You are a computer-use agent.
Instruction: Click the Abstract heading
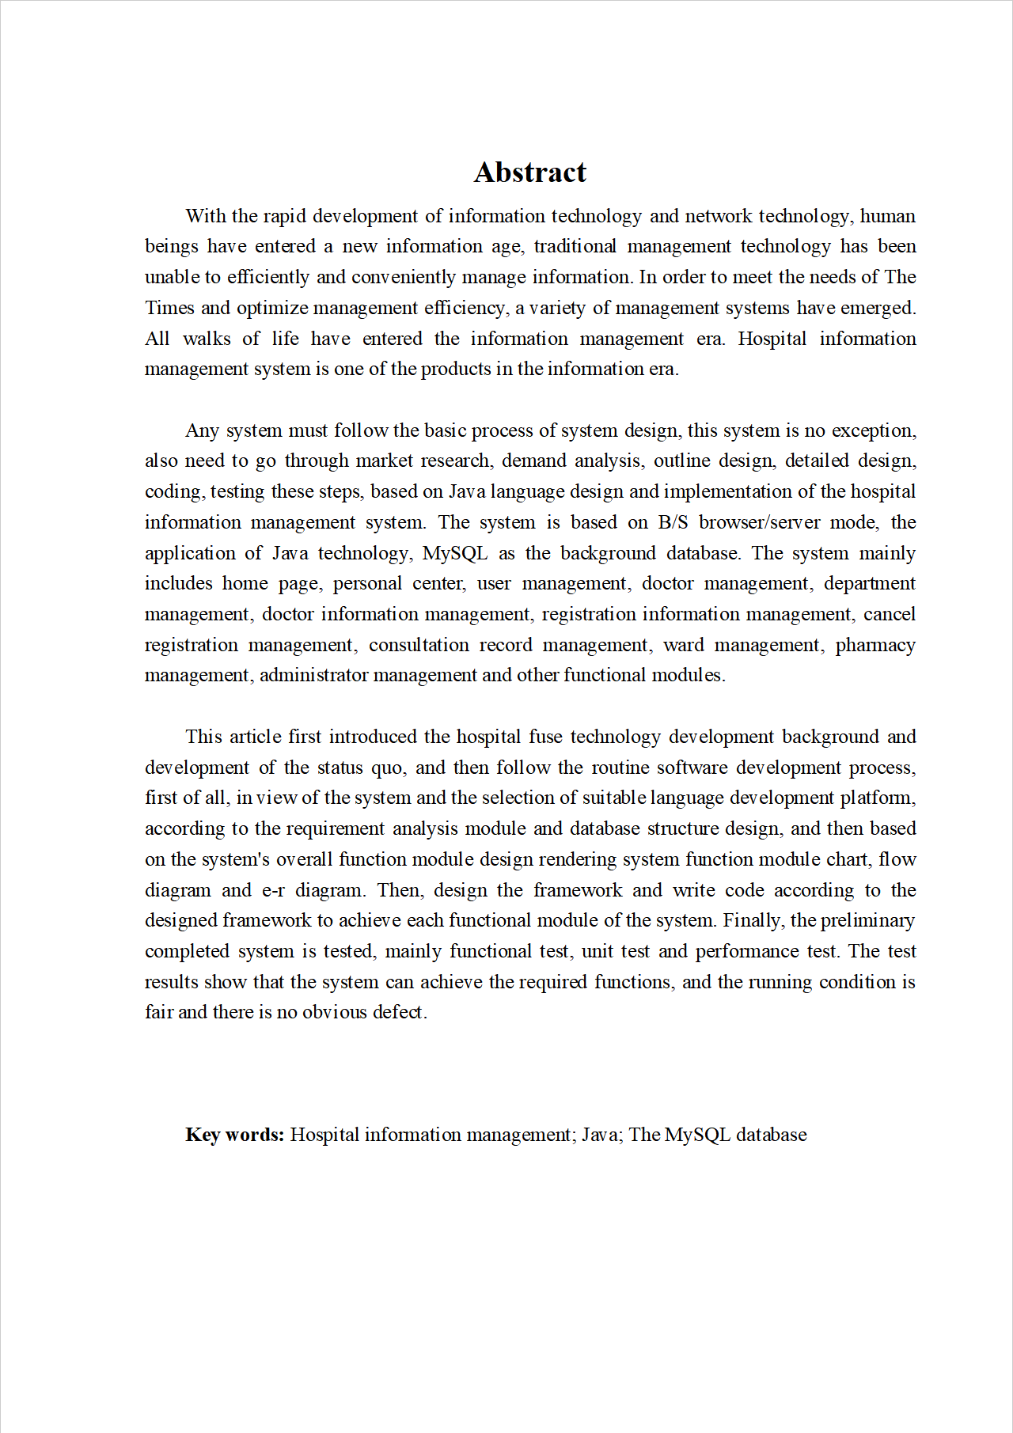[530, 172]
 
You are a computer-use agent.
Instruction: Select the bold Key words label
[234, 1135]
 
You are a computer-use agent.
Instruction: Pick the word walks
[207, 339]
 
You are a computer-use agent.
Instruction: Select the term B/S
[673, 522]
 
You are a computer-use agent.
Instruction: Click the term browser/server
[759, 522]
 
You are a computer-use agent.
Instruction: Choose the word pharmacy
[875, 645]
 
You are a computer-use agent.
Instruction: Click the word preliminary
[867, 920]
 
